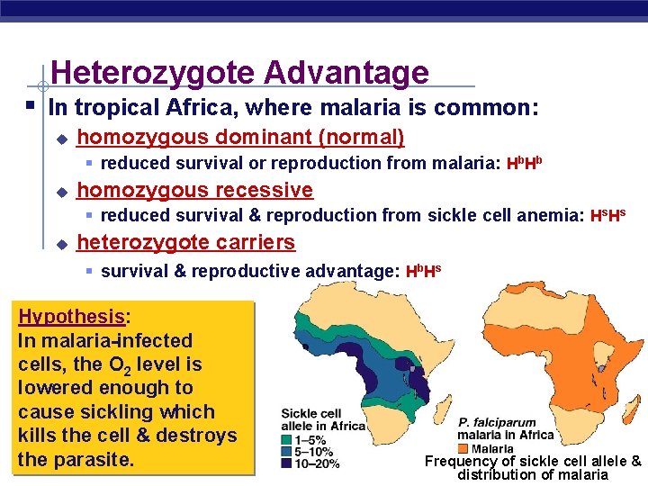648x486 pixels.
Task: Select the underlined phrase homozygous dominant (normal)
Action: [x=241, y=138]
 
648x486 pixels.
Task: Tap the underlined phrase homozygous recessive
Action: [x=195, y=190]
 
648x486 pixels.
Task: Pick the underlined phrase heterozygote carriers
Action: [x=186, y=242]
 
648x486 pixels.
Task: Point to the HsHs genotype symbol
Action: [x=607, y=216]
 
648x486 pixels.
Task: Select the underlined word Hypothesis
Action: [x=71, y=317]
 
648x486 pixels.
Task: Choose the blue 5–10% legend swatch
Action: [x=287, y=452]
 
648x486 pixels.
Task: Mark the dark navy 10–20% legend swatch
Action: [x=287, y=463]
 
